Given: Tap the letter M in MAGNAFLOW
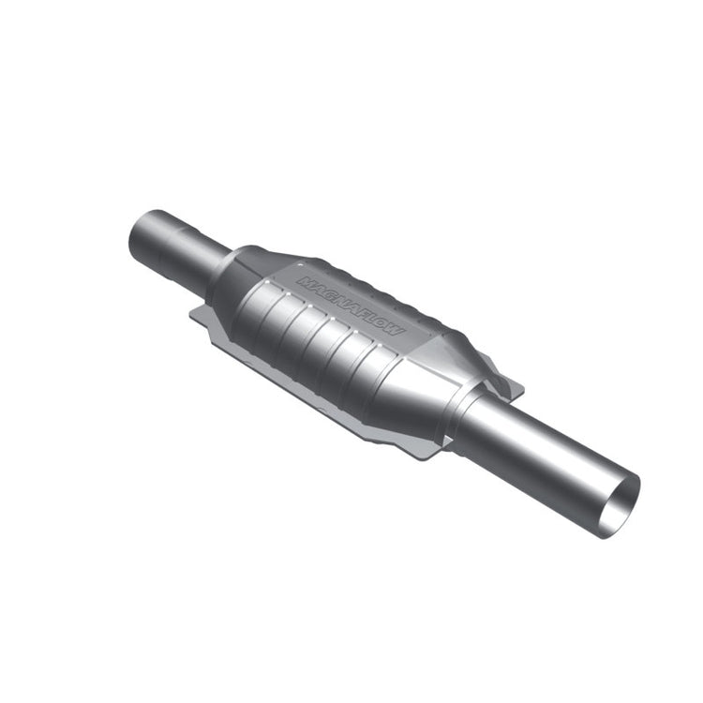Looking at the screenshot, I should pyautogui.click(x=306, y=280).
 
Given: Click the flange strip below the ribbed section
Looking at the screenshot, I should pyautogui.click(x=309, y=380).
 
